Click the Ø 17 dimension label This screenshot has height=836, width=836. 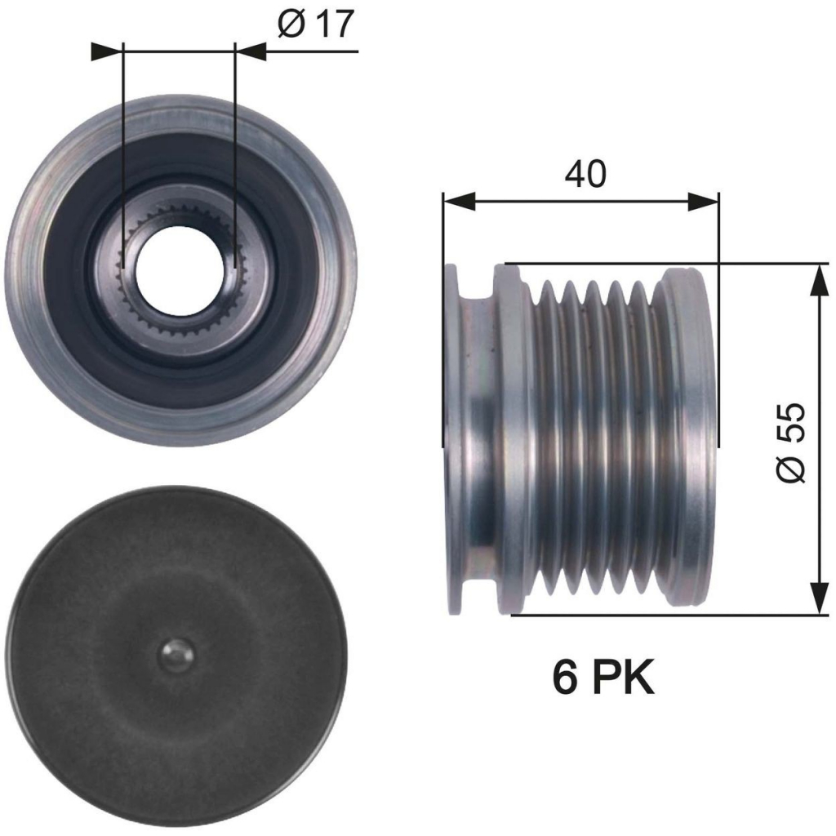[x=316, y=24]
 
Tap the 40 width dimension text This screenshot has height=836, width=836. [x=585, y=173]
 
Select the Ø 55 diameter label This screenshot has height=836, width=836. [x=790, y=442]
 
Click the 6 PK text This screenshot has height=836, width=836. [x=603, y=678]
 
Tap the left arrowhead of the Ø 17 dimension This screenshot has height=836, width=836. [x=107, y=51]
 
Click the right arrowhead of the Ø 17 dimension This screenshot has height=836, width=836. [x=250, y=51]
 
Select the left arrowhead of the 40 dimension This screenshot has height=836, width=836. [x=459, y=202]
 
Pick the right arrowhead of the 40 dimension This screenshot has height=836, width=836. [x=704, y=202]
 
